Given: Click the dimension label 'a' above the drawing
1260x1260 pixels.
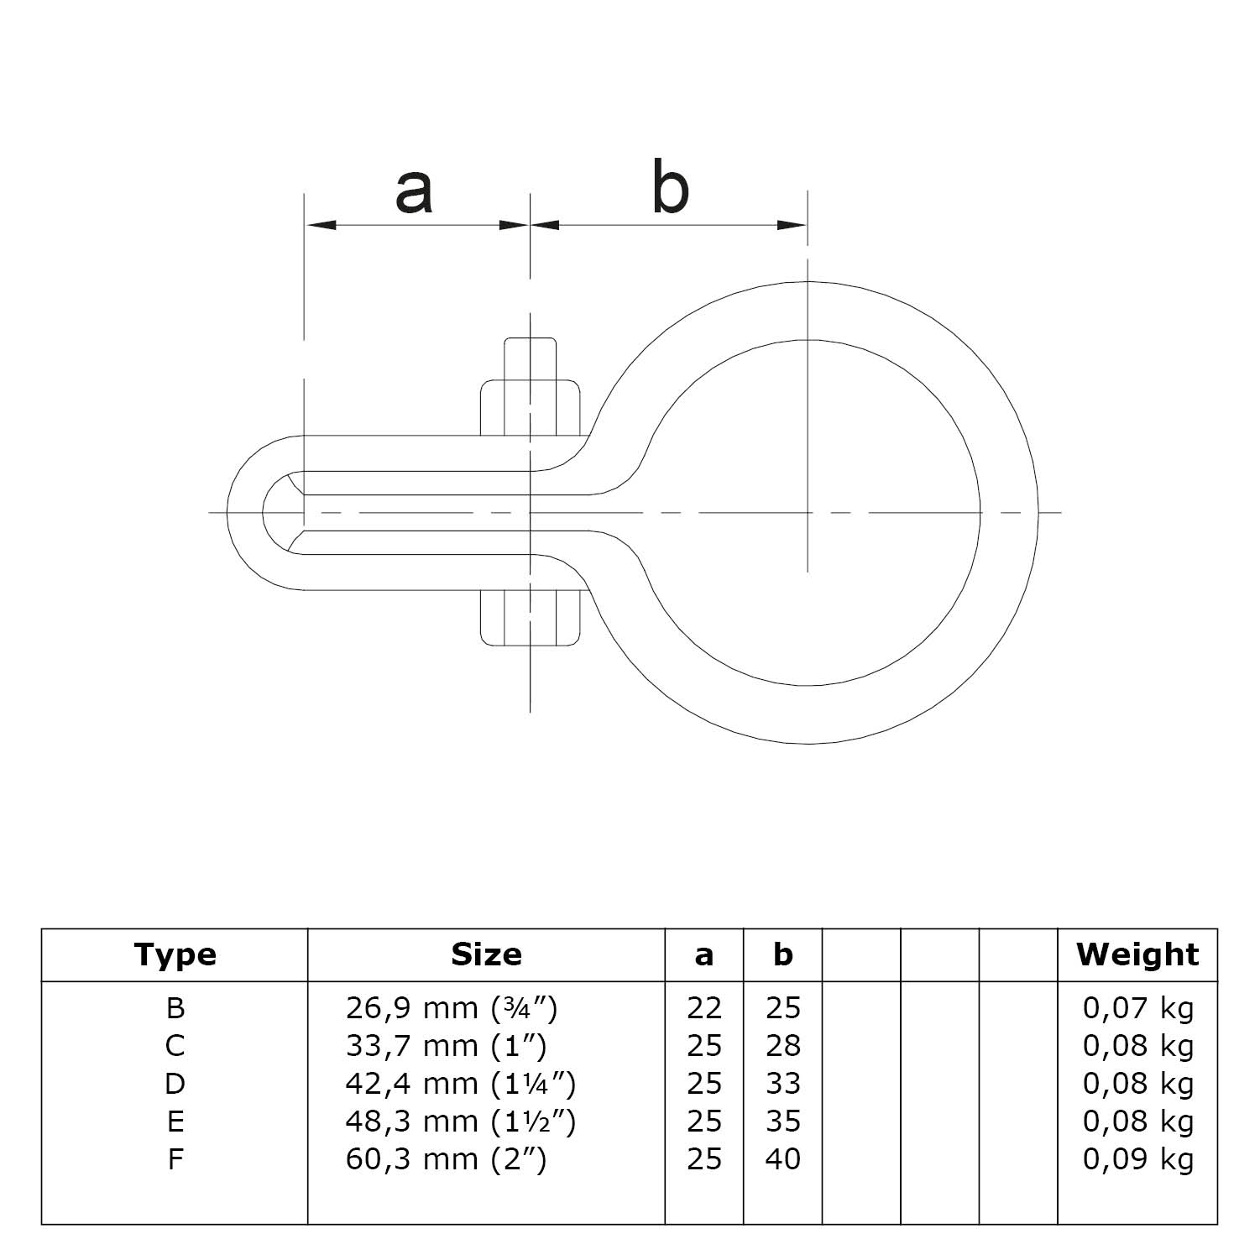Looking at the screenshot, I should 414,191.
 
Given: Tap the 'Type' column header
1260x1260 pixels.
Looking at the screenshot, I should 175,954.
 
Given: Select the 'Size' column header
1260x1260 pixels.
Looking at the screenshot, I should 486,954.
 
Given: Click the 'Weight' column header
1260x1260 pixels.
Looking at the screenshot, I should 1137,954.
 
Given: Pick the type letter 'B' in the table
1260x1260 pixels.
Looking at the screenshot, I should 175,1008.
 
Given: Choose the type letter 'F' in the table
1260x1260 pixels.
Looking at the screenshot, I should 175,1159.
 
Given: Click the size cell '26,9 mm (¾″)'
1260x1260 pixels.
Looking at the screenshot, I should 452,1008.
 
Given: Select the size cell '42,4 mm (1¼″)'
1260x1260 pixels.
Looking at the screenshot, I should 461,1084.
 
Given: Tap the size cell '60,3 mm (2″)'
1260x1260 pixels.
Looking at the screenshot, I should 446,1159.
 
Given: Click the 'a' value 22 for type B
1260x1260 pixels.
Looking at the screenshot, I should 703,1008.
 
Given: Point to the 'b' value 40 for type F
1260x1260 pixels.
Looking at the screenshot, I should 782,1159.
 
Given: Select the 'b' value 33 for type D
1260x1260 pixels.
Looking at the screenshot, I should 782,1084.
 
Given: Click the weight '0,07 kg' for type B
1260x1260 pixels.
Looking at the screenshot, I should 1137,1008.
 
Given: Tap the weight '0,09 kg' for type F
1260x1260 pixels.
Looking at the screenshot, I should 1137,1159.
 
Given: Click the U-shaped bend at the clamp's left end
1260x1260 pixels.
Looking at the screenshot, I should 246,512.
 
